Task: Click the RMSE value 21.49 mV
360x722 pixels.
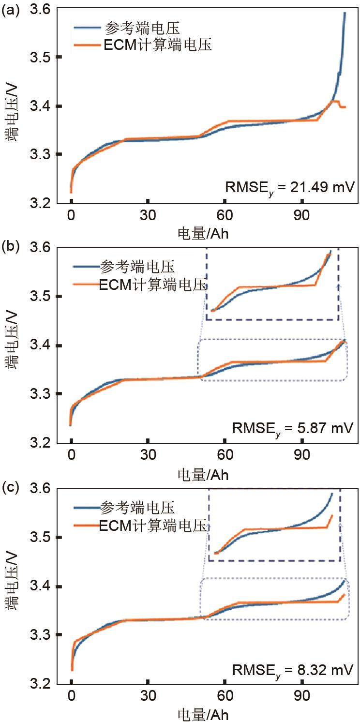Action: pos(289,187)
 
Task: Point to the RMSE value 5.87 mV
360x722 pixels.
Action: pos(293,428)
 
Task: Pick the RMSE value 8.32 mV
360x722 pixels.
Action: pos(293,670)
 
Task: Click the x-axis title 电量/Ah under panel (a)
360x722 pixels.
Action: pos(203,233)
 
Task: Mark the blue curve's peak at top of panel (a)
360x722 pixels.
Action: pos(345,13)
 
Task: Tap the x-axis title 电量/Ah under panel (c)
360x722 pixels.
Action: pos(203,714)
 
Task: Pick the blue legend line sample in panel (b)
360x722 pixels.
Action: pos(86,266)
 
